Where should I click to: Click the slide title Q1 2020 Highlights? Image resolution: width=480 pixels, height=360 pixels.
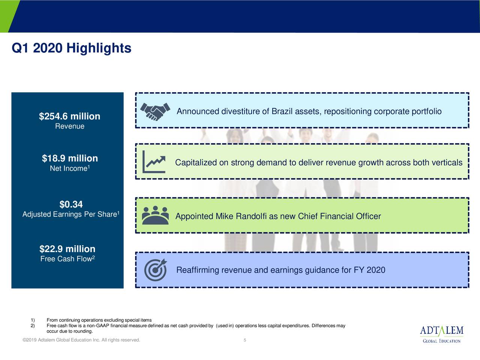pos(72,48)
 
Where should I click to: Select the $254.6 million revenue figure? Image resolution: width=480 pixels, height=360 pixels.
pos(69,116)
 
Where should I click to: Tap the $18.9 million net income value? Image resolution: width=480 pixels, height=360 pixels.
pos(70,158)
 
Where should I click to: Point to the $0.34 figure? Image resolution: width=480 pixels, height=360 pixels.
pos(71,204)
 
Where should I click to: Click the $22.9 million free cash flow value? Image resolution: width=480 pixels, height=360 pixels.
pos(67,249)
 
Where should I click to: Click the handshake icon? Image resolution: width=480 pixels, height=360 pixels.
pos(155,111)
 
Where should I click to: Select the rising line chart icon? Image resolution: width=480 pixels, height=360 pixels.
pos(154,162)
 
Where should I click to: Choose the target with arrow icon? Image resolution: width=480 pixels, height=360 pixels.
pos(156,270)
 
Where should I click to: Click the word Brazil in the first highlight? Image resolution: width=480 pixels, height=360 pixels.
pos(282,112)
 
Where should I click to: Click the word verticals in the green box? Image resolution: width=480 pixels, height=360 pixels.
pos(447,163)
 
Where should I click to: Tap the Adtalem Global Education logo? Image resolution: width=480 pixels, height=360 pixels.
pos(441,334)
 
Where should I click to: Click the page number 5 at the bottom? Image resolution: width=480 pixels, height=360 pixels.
pos(244,340)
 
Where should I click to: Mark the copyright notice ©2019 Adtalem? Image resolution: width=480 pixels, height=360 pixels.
pos(81,340)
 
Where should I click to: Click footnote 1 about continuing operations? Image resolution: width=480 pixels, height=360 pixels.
pos(99,320)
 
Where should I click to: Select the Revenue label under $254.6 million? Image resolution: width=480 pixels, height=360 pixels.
pos(70,126)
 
